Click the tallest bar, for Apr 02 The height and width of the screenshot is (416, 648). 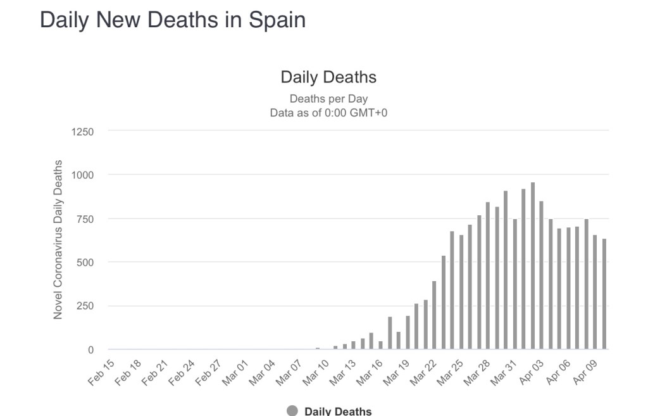[533, 266]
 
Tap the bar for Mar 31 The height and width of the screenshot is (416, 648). [514, 284]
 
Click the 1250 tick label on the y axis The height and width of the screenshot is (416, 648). [82, 132]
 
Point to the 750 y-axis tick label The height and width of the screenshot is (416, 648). [85, 219]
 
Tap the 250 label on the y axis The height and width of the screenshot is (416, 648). [85, 306]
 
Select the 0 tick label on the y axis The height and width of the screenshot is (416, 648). [90, 350]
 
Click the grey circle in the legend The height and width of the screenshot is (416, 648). [292, 410]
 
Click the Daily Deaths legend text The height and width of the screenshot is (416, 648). [338, 411]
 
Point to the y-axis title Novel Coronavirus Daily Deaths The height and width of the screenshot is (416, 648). [58, 239]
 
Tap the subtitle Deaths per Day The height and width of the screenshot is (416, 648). [328, 99]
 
